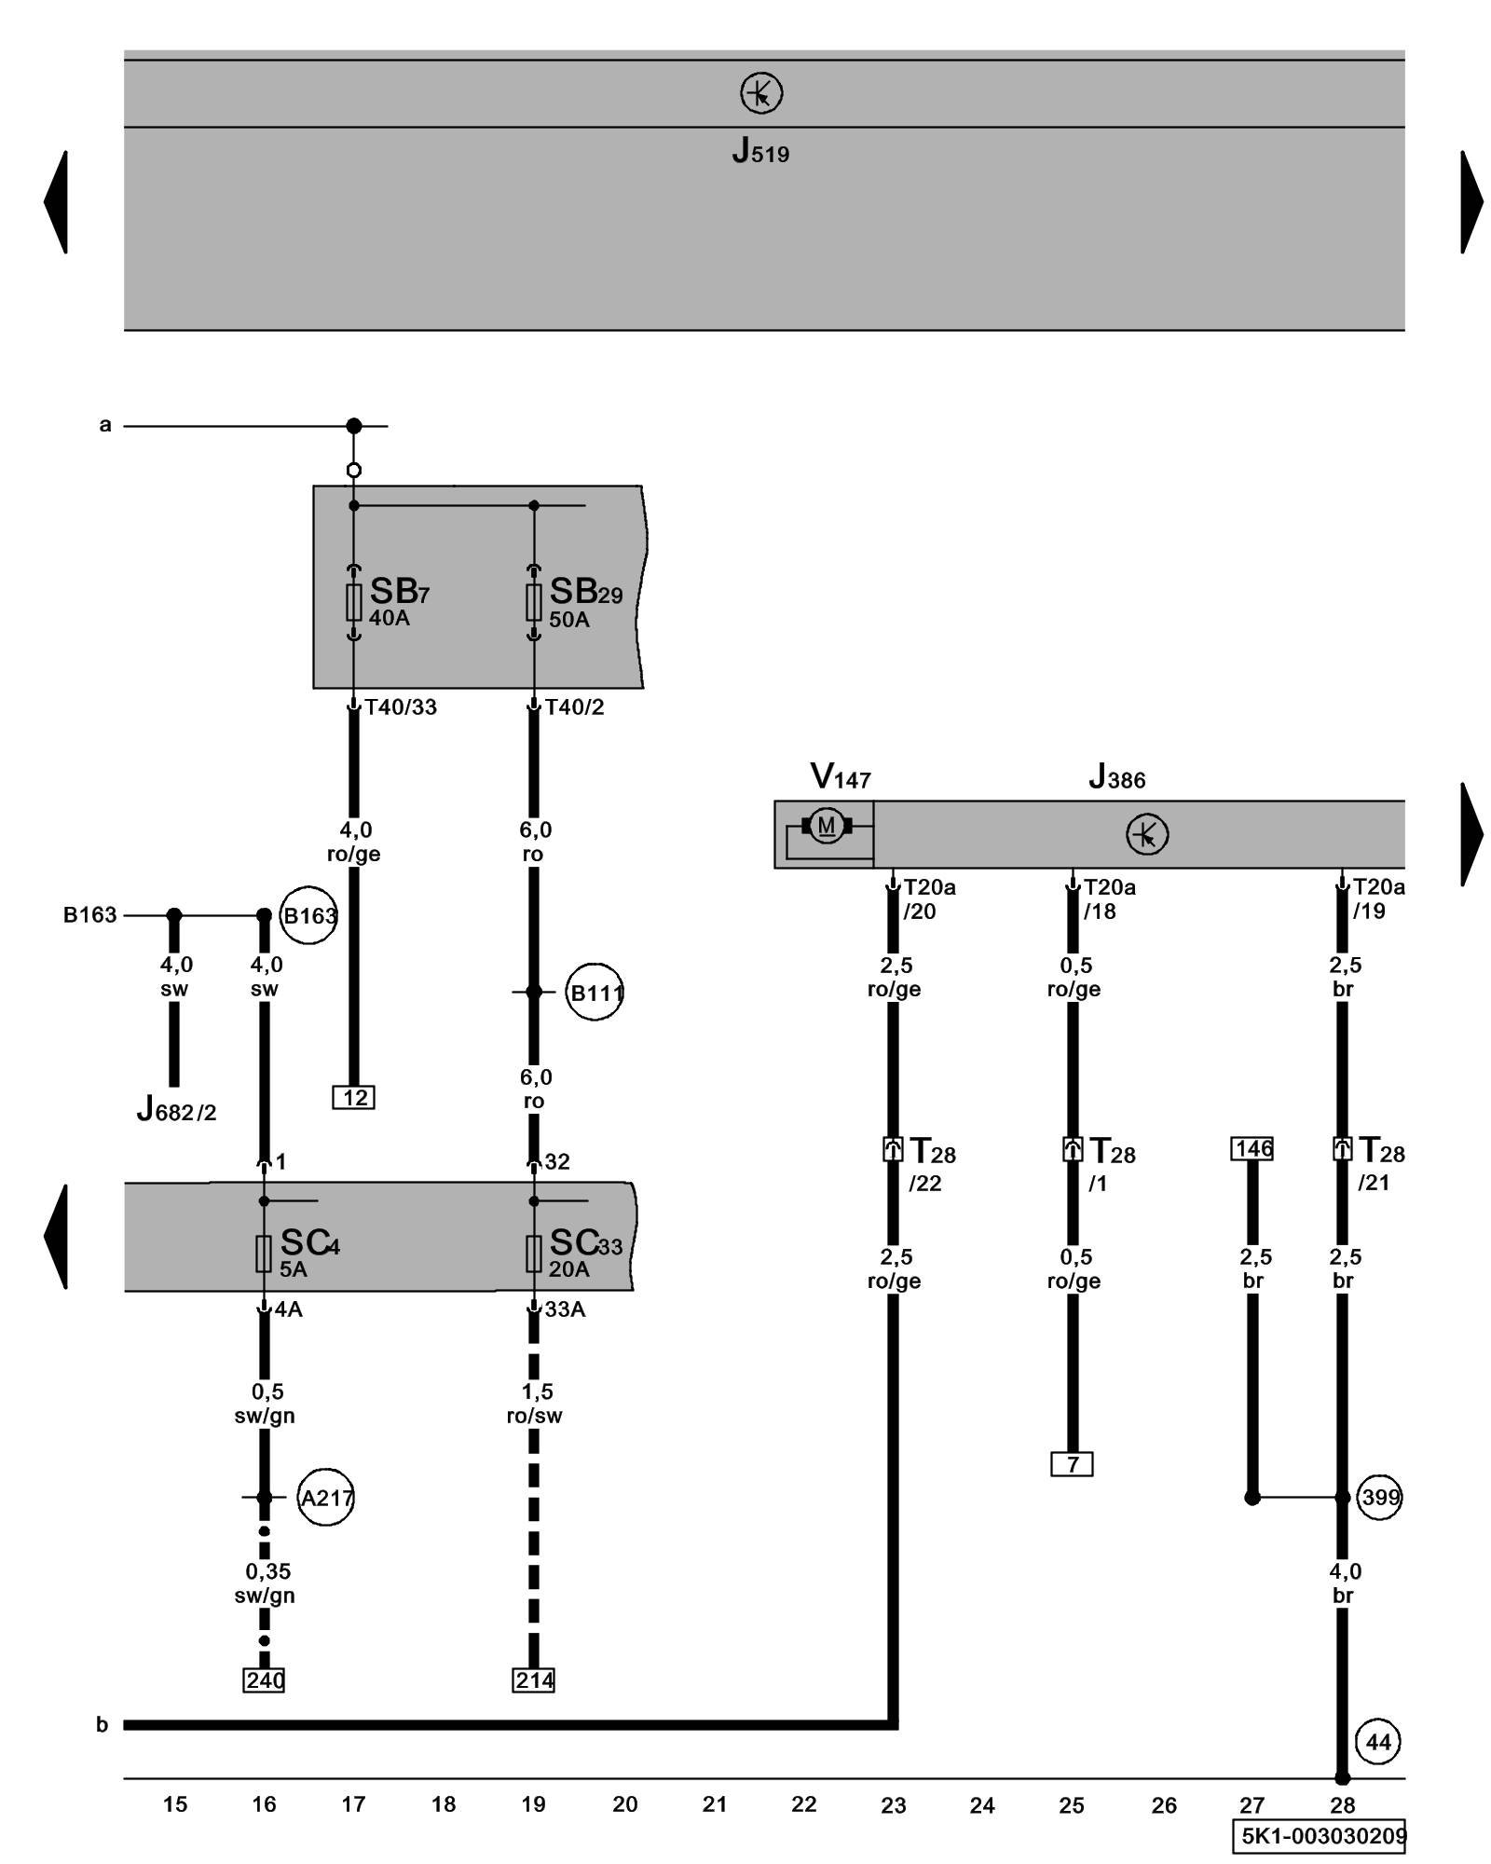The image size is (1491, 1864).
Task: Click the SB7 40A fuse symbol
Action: (354, 602)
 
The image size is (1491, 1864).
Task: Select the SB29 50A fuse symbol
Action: (534, 602)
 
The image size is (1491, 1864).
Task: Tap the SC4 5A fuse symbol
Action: (264, 1254)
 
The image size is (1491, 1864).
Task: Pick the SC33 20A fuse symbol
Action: (534, 1254)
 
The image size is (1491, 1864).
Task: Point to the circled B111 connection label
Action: (595, 993)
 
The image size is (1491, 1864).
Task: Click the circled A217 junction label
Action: (326, 1498)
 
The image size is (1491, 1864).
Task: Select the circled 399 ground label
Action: (1379, 1498)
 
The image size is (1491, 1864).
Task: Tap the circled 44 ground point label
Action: (1378, 1742)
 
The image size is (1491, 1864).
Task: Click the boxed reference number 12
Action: (354, 1097)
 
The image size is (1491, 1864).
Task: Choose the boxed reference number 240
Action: (265, 1679)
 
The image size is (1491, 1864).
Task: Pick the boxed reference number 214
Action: (534, 1679)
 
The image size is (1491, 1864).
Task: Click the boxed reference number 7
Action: (1073, 1464)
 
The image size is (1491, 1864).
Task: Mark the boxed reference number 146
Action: (1252, 1148)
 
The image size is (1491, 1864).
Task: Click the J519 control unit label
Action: (760, 151)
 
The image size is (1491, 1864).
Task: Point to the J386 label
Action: (1116, 777)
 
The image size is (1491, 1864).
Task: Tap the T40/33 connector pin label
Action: (401, 707)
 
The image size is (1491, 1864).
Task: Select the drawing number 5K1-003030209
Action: (1322, 1835)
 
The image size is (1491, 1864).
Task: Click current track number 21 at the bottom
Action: (715, 1804)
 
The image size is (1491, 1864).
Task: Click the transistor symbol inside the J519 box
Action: (761, 93)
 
